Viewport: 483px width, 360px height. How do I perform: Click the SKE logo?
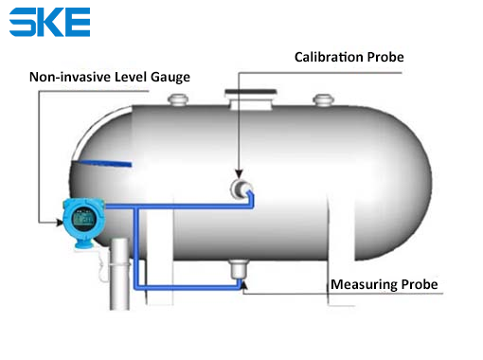pyautogui.click(x=49, y=22)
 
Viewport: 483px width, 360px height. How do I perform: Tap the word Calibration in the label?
pyautogui.click(x=329, y=57)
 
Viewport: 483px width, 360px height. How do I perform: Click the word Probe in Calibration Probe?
pyautogui.click(x=385, y=57)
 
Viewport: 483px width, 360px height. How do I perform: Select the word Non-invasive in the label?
pyautogui.click(x=70, y=77)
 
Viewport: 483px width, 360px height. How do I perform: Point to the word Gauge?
pyautogui.click(x=170, y=78)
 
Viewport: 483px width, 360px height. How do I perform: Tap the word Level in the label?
pyautogui.click(x=131, y=77)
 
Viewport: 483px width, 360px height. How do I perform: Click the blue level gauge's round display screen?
pyautogui.click(x=83, y=218)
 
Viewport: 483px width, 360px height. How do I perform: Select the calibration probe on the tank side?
pyautogui.click(x=241, y=189)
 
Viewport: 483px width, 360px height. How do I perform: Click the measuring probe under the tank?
pyautogui.click(x=238, y=269)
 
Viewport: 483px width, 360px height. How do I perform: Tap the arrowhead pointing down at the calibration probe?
pyautogui.click(x=239, y=173)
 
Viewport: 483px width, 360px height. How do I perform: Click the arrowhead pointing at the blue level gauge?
pyautogui.click(x=60, y=223)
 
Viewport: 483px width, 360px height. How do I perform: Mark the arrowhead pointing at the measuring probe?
pyautogui.click(x=243, y=284)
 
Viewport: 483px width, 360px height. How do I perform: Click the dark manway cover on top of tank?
pyautogui.click(x=251, y=92)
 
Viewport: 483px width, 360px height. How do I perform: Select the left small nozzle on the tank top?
pyautogui.click(x=178, y=99)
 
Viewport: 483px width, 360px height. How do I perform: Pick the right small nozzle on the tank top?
pyautogui.click(x=323, y=99)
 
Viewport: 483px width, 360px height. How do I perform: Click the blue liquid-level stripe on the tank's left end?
pyautogui.click(x=103, y=163)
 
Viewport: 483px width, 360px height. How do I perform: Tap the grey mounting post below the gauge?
pyautogui.click(x=119, y=274)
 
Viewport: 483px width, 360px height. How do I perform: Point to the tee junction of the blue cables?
pyautogui.click(x=136, y=207)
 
